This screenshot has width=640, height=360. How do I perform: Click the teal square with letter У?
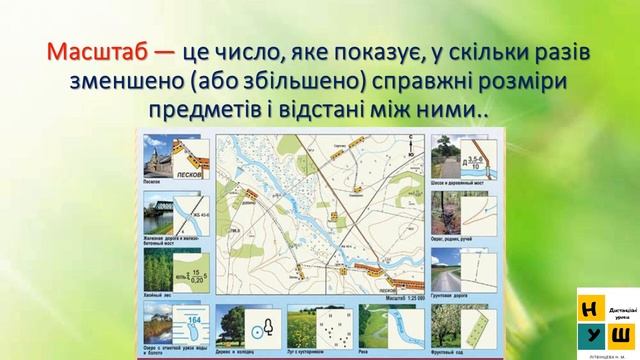point(590,330)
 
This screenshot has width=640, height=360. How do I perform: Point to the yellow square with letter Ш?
point(619,330)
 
